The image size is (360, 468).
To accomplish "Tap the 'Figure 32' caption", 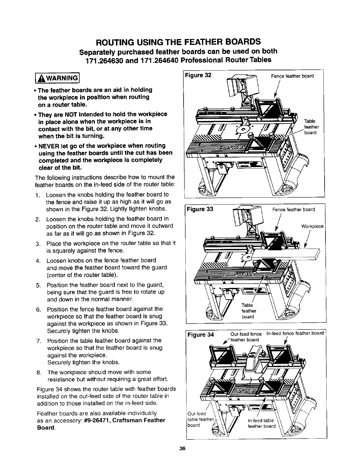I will click(x=198, y=75).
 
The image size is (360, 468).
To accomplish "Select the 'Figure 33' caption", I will click(x=200, y=209).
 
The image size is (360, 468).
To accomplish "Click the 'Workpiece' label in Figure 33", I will click(x=312, y=226).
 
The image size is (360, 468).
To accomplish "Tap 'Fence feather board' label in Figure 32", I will click(x=292, y=76).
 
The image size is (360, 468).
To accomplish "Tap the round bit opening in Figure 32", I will click(x=243, y=129).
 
